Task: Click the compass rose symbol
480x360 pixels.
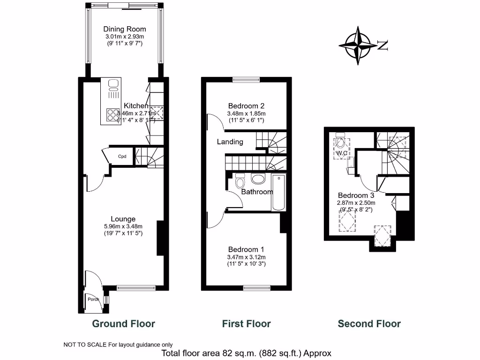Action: click(x=359, y=45)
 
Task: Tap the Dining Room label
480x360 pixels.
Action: click(x=125, y=29)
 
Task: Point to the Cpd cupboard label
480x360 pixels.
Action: click(x=122, y=157)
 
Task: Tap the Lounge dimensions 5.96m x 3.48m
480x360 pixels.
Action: click(x=123, y=226)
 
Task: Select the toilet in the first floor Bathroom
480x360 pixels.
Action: click(x=240, y=180)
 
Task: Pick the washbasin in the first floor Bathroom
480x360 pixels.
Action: click(x=258, y=178)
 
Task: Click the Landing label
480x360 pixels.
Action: click(x=230, y=142)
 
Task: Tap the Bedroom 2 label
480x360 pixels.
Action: click(x=247, y=105)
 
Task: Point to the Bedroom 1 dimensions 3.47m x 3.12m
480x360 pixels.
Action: click(x=247, y=257)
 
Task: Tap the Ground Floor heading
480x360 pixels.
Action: click(x=123, y=323)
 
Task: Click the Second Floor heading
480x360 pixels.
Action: click(x=369, y=323)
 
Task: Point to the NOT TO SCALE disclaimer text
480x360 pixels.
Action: click(x=118, y=345)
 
